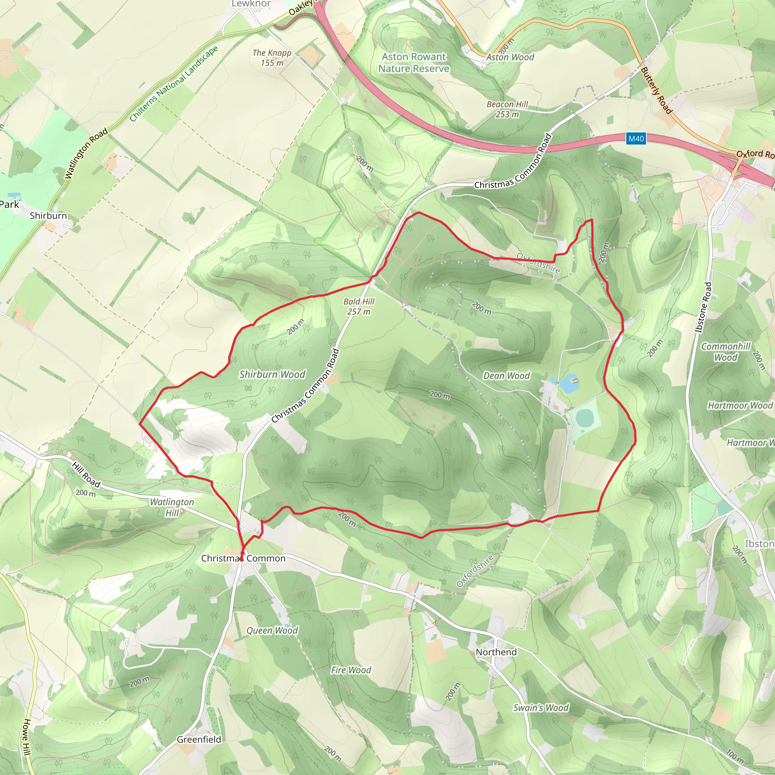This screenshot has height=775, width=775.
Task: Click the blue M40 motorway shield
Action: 636,139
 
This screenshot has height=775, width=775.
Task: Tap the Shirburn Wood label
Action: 272,374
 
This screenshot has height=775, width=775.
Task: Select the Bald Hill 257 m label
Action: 359,307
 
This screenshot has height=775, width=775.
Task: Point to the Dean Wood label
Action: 506,375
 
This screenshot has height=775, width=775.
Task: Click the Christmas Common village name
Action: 243,558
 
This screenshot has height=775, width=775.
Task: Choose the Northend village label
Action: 496,652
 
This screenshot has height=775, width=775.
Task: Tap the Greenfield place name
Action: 199,739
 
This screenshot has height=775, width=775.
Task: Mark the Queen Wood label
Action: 272,630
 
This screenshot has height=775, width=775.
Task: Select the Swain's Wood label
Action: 540,708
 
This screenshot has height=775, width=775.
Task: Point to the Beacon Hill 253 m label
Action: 507,109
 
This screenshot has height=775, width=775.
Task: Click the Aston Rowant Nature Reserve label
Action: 414,62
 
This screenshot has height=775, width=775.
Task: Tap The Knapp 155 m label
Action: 272,58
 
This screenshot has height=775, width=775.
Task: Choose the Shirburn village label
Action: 48,215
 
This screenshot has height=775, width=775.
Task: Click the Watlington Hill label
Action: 172,507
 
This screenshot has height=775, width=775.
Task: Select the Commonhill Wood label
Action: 725,352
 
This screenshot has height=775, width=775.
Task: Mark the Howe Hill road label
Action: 26,737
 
